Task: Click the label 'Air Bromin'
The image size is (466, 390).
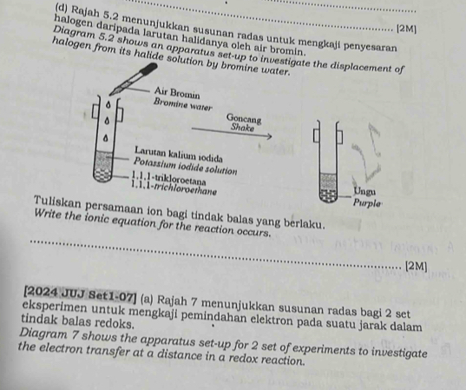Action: tap(179, 92)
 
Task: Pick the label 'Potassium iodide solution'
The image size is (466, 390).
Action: tap(185, 162)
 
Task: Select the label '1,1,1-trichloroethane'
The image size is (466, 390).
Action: tap(174, 183)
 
